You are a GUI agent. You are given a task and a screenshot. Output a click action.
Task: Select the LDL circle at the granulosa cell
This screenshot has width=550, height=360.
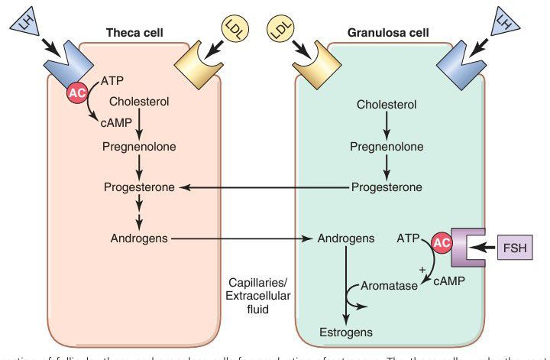pyautogui.click(x=280, y=31)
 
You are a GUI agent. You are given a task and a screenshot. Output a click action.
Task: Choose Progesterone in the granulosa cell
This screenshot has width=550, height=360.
pyautogui.click(x=387, y=187)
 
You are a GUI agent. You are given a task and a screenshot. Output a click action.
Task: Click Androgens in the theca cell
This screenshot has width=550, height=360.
pyautogui.click(x=137, y=238)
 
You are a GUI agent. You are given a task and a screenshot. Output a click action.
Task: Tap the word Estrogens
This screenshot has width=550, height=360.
pyautogui.click(x=345, y=332)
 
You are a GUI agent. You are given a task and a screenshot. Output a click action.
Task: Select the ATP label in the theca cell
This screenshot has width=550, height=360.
pyautogui.click(x=112, y=79)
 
